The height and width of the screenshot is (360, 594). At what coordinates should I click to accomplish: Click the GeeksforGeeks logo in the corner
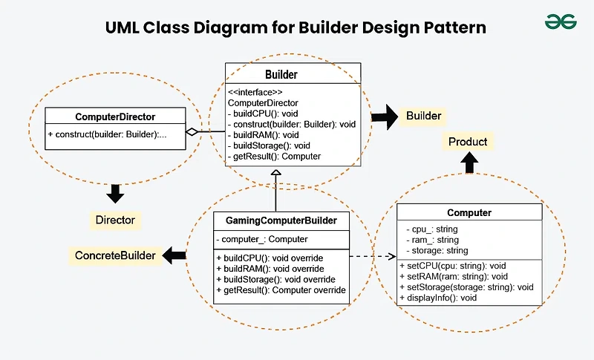[561, 22]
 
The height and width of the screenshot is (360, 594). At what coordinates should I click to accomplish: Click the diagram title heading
[297, 28]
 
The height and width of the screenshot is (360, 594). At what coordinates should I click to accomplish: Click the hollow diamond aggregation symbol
[192, 132]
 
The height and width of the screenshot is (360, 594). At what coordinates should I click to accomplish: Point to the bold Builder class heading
[281, 74]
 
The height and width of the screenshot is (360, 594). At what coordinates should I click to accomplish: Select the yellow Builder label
[423, 116]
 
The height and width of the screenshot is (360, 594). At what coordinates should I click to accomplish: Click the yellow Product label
[468, 141]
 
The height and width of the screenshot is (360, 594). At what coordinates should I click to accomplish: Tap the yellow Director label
[115, 220]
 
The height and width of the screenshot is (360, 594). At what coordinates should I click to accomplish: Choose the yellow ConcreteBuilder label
[115, 255]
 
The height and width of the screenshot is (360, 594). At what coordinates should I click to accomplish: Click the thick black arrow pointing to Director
[115, 194]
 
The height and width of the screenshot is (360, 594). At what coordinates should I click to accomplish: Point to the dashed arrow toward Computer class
[371, 257]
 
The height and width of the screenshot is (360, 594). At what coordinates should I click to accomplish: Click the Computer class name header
[469, 213]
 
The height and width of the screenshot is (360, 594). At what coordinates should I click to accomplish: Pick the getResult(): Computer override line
[281, 290]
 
